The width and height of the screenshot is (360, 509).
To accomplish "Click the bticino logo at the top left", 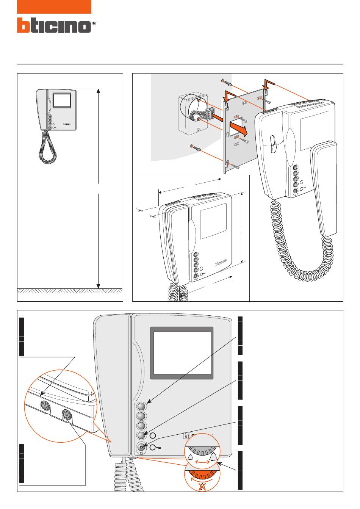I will tap(53, 25).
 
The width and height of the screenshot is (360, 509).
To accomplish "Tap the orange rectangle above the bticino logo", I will tap(54, 7).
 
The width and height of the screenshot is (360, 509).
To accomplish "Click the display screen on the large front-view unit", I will tap(182, 353).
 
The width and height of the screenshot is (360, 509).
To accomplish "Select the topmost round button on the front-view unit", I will tap(141, 406).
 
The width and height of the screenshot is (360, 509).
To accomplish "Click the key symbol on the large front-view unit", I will tap(155, 448).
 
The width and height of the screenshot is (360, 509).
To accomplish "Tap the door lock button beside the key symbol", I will tap(142, 448).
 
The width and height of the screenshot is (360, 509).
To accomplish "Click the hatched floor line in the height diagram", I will tap(70, 290).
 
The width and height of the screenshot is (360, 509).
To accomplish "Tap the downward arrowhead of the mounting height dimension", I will tap(99, 285).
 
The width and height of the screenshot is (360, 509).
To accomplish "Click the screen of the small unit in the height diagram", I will tap(62, 100).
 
